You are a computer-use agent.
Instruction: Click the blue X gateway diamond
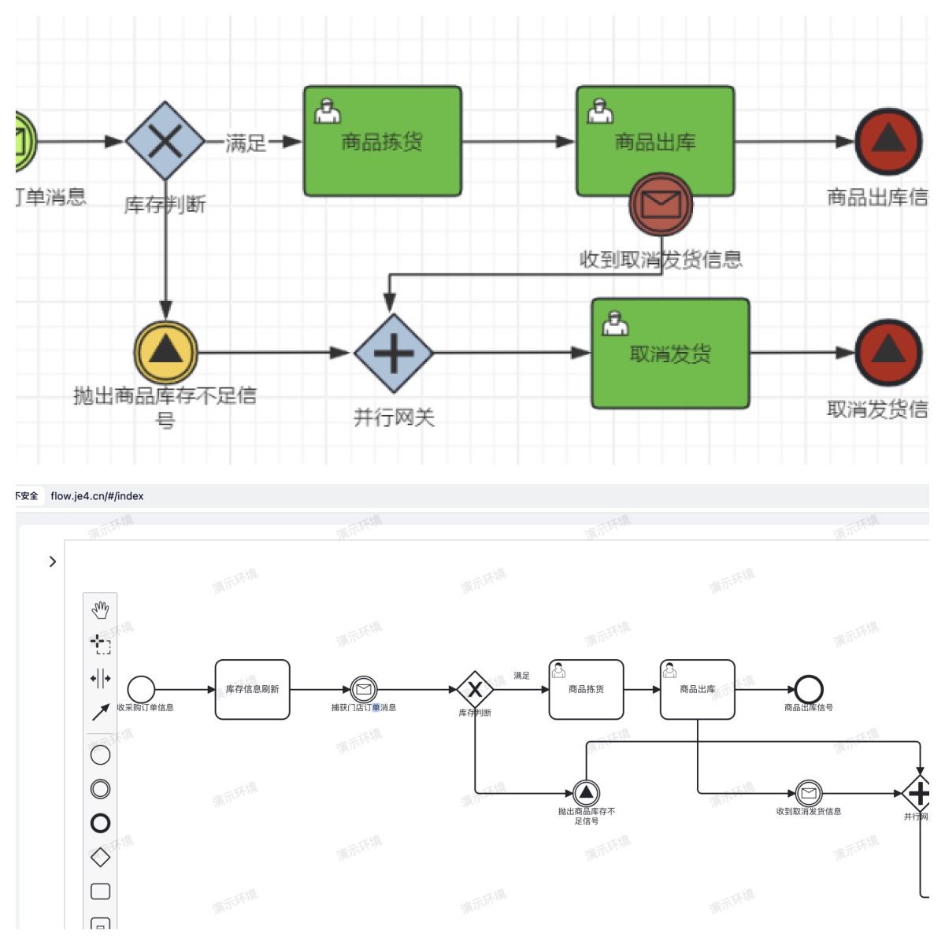point(165,141)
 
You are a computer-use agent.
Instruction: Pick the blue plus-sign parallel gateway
point(394,354)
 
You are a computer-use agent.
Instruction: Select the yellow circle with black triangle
point(165,352)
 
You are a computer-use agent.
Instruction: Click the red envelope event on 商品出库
point(661,205)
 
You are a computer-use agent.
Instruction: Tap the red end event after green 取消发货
point(888,353)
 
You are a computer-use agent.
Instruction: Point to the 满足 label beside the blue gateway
point(246,143)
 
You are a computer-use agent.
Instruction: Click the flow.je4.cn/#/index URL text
point(97,496)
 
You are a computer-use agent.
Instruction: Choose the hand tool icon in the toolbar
point(100,610)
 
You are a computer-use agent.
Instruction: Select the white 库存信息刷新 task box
point(253,690)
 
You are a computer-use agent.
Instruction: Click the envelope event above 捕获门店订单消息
point(364,690)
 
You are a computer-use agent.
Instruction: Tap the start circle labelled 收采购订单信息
point(142,690)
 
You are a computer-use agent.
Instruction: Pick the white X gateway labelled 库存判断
point(475,691)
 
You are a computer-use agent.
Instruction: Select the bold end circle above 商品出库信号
point(809,690)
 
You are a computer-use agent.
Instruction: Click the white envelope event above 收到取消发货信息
point(809,793)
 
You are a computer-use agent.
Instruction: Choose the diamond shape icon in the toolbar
point(100,857)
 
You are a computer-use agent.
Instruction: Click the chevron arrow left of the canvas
point(53,561)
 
